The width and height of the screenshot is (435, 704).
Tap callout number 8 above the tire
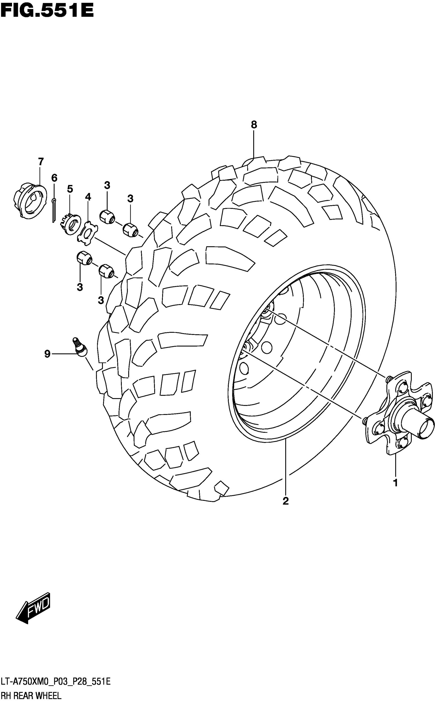[x=254, y=125]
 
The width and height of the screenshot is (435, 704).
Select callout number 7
[x=41, y=162]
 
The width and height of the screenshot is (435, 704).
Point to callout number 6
[x=54, y=178]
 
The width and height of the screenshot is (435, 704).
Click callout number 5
[x=70, y=189]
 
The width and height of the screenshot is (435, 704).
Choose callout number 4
[x=88, y=197]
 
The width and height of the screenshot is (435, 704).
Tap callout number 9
[x=47, y=354]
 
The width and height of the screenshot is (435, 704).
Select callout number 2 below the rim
[x=285, y=501]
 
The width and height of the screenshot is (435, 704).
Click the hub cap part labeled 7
[x=30, y=201]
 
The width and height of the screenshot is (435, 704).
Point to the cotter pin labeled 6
[x=54, y=210]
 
